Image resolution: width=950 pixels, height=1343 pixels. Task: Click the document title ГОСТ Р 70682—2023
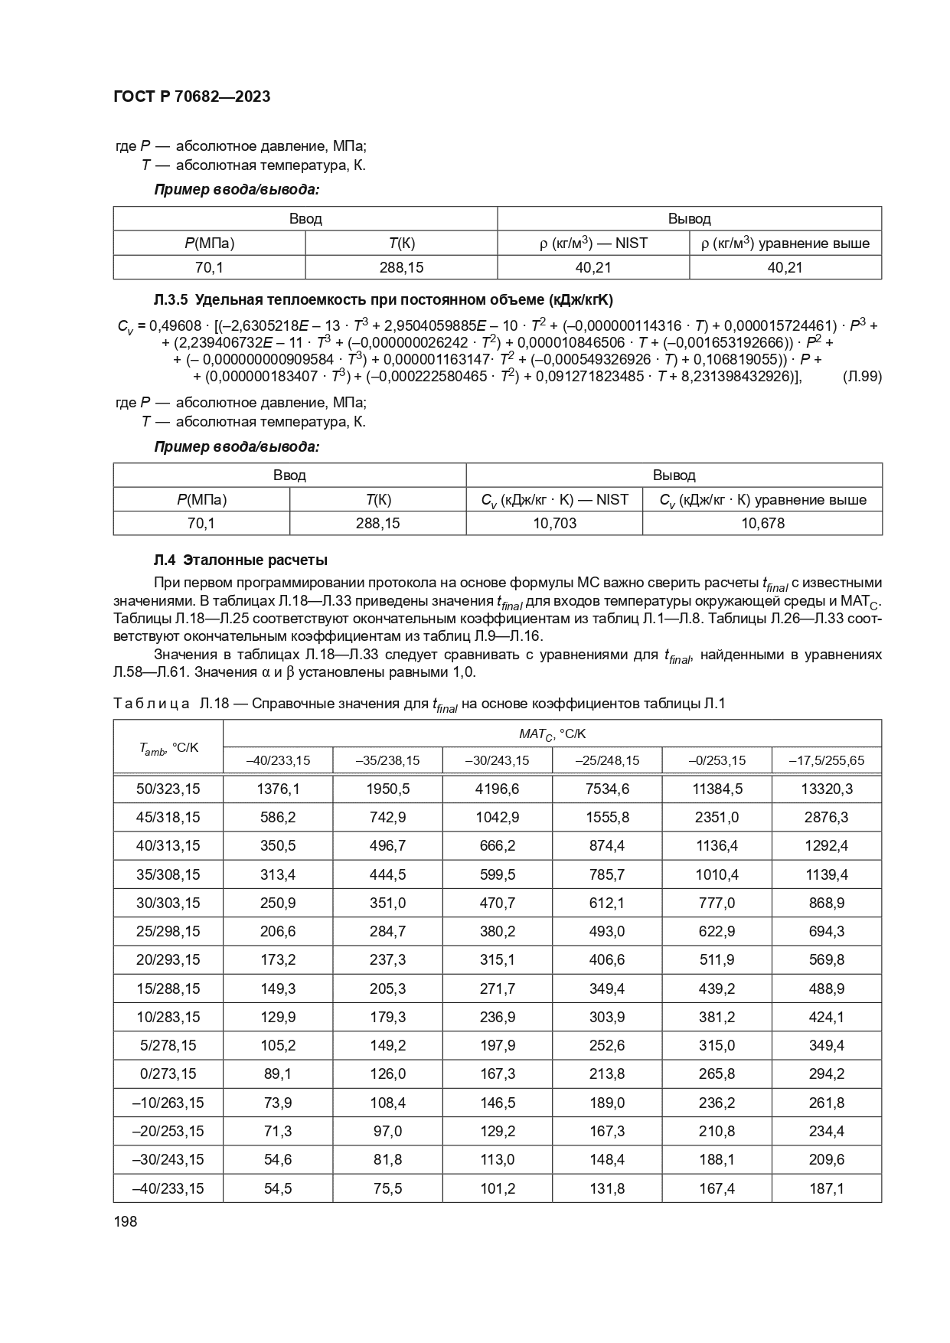[x=191, y=97]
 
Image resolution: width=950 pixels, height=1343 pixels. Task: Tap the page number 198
[x=125, y=1221]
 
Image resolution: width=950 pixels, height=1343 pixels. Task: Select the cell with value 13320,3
[x=826, y=789]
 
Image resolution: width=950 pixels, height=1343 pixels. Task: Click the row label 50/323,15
[x=168, y=789]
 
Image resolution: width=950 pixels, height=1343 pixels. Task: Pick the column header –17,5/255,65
[x=826, y=760]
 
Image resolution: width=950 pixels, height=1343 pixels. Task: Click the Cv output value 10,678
[x=762, y=524]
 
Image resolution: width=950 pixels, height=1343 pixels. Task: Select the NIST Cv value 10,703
[x=553, y=524]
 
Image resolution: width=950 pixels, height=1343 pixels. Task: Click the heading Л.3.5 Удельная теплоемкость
[x=383, y=299]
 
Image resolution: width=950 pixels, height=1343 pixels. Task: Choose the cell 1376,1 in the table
[x=278, y=789]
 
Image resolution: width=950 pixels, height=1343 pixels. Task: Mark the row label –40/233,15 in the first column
[x=168, y=1188]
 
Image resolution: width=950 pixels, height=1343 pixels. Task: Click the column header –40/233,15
[x=278, y=760]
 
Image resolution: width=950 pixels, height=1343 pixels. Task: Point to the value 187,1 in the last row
[x=826, y=1188]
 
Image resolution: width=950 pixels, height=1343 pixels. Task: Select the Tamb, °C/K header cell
[x=168, y=747]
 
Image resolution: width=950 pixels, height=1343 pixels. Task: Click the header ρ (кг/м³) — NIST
[x=593, y=243]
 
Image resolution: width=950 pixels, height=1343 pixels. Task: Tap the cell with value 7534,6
[x=607, y=789]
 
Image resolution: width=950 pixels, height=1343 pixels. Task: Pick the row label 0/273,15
[x=168, y=1074]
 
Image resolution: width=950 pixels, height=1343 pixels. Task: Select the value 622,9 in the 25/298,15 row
[x=717, y=931]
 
